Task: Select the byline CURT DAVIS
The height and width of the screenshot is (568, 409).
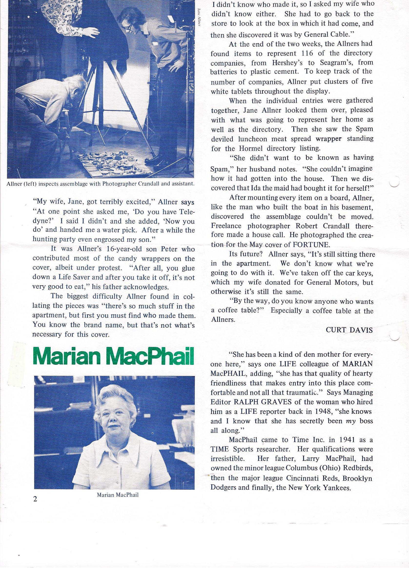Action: coord(349,330)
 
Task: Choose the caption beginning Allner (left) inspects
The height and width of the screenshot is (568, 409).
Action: coord(101,184)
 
